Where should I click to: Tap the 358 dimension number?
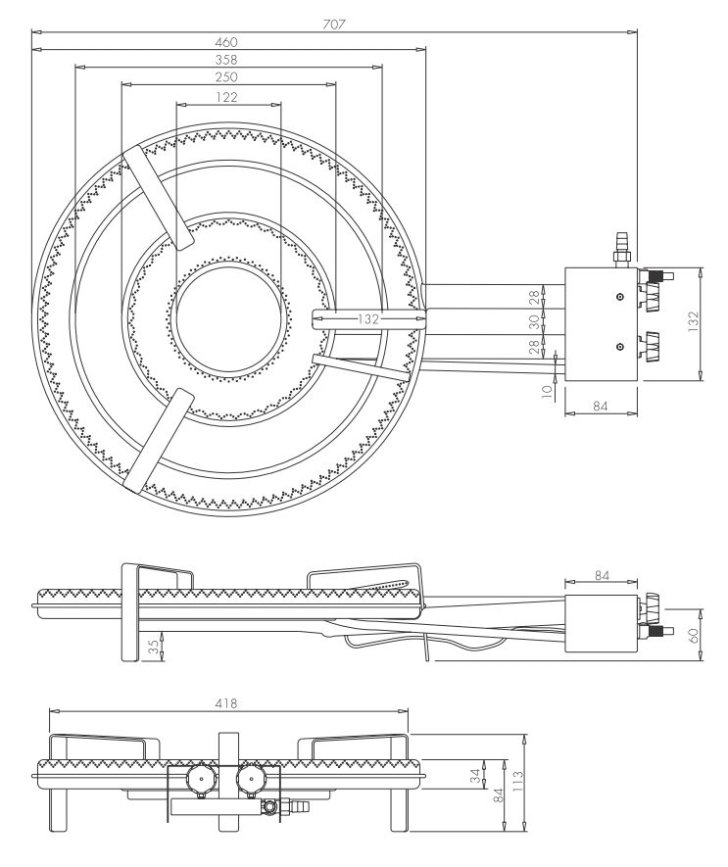[227, 60]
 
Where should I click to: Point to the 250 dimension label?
[227, 77]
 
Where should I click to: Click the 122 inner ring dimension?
[227, 96]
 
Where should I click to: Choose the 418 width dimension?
[228, 703]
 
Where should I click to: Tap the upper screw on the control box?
[620, 295]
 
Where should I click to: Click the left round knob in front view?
[202, 780]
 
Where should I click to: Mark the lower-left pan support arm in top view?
[157, 437]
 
